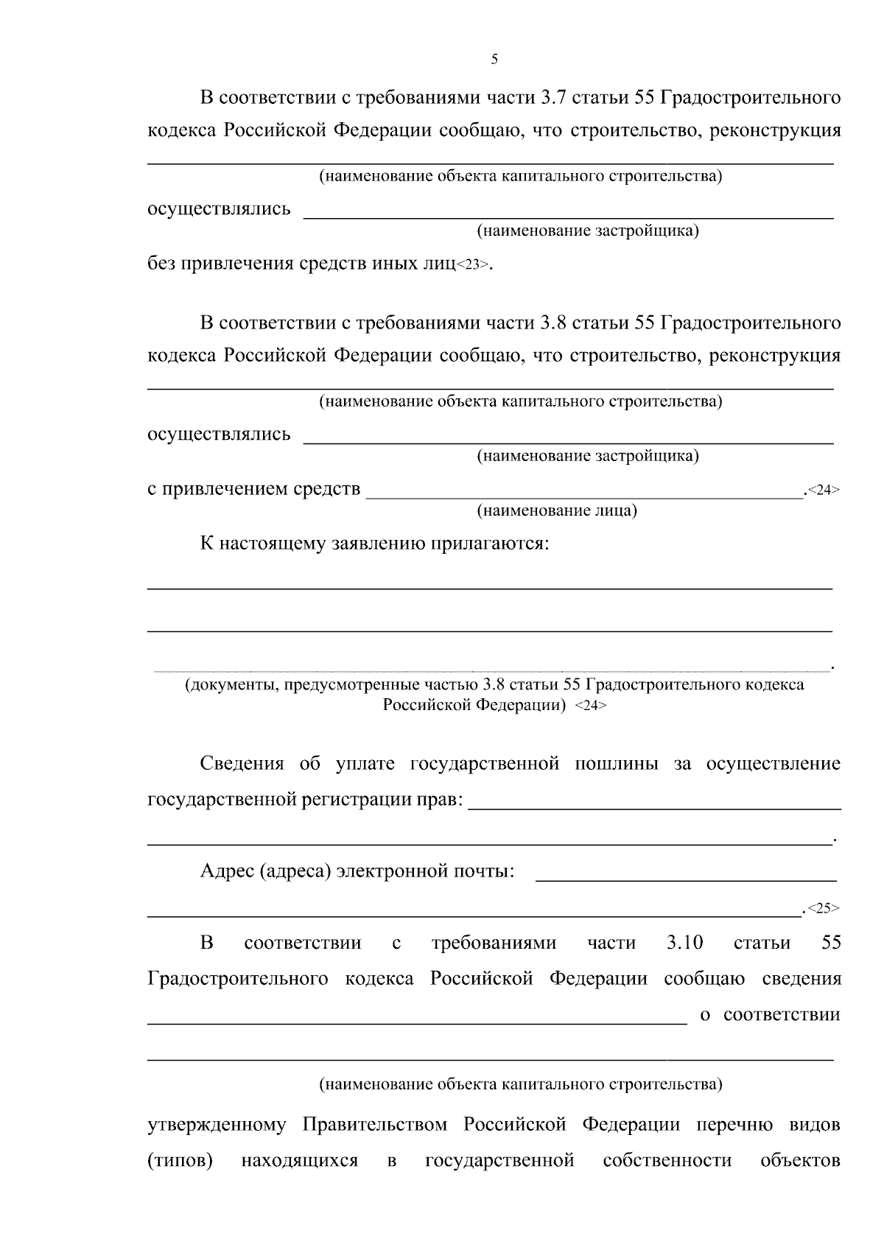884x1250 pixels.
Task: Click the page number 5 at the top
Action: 494,60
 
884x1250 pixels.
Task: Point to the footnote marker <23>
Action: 472,265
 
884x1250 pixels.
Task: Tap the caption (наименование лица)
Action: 557,510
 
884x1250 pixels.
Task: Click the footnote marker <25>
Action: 823,908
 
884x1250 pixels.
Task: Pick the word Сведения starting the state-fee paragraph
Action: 242,764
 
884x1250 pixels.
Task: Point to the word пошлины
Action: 616,764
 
